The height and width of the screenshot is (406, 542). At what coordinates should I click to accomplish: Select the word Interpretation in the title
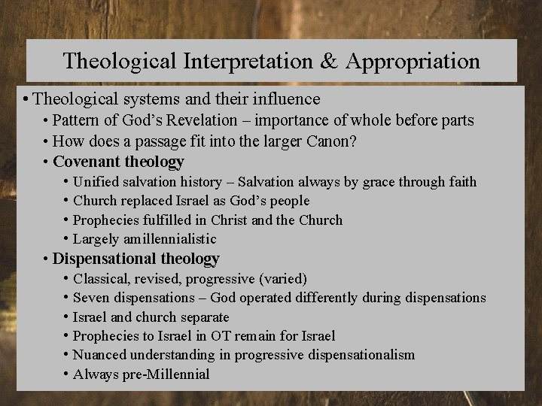pos(242,60)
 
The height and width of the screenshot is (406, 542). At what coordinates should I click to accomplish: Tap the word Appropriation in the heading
pos(416,60)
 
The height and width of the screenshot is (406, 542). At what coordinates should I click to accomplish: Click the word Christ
pos(230,220)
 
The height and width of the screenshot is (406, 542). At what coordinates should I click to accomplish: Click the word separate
pos(203,317)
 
